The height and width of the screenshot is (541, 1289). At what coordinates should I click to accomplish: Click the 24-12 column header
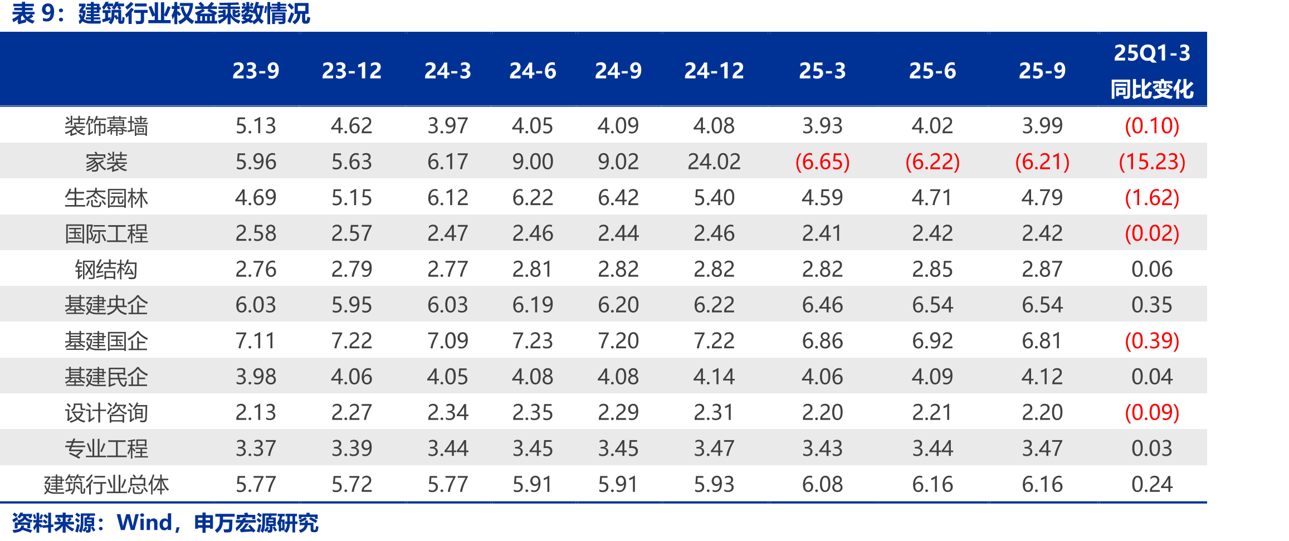[x=714, y=71]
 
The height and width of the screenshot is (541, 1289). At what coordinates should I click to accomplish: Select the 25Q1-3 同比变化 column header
[x=1152, y=71]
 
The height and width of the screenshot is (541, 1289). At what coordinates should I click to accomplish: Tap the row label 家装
[x=106, y=162]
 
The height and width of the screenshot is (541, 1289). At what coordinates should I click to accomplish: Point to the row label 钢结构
[x=106, y=270]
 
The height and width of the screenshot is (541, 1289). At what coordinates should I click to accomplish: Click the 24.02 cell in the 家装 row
[x=714, y=162]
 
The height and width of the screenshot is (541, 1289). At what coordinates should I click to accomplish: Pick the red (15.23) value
[x=1152, y=162]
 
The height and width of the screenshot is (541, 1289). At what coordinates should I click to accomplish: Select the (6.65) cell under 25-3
[x=822, y=162]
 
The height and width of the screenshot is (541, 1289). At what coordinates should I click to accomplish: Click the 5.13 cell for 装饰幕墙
[x=256, y=126]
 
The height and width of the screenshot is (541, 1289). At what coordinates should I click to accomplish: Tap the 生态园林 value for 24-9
[x=618, y=198]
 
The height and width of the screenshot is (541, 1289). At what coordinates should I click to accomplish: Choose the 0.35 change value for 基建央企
[x=1152, y=305]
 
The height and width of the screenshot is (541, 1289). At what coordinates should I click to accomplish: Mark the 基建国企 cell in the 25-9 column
[x=1042, y=341]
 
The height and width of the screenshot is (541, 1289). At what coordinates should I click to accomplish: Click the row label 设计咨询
[x=106, y=413]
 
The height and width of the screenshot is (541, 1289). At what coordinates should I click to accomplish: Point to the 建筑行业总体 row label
[x=106, y=485]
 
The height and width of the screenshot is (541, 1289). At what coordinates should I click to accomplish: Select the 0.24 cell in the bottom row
[x=1152, y=485]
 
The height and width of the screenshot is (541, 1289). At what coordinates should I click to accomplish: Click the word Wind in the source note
[x=144, y=523]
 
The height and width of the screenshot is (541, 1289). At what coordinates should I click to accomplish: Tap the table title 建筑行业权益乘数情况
[x=194, y=13]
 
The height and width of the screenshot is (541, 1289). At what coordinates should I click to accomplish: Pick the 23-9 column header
[x=256, y=71]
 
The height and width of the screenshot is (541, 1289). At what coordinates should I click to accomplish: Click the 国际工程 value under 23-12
[x=351, y=233]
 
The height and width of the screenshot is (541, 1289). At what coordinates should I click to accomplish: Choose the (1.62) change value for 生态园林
[x=1152, y=198]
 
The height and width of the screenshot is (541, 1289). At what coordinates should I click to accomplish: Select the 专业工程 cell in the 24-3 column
[x=448, y=449]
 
